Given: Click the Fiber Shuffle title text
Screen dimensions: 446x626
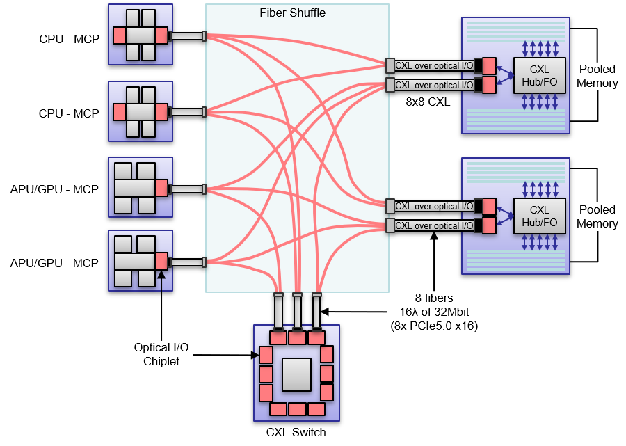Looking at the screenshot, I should coord(292,13).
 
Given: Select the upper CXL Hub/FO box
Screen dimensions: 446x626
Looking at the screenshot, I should coord(539,75).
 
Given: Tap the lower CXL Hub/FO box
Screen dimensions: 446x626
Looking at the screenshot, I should coord(539,216).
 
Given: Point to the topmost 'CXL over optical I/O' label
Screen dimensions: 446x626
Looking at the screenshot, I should coord(434,66).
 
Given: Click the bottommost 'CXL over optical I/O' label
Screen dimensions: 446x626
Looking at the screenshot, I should coord(434,225).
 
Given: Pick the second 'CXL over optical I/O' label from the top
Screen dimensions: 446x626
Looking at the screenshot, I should coord(434,86).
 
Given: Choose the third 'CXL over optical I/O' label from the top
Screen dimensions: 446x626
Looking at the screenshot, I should coord(434,207).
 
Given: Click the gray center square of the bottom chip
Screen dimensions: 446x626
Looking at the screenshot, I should coord(296,374).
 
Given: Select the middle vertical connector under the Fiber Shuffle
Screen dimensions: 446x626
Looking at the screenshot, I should coord(297,311).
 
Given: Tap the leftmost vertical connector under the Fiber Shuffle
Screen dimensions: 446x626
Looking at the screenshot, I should coord(278,311).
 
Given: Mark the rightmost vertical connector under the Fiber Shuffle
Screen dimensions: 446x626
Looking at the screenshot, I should coord(316,311).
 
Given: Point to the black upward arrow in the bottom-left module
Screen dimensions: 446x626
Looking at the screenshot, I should coord(161,278).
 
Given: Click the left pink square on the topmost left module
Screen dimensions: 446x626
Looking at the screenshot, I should coord(120,35).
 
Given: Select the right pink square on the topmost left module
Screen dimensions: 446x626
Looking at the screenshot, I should coord(161,35).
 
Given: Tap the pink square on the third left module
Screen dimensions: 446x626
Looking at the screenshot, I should coord(161,188).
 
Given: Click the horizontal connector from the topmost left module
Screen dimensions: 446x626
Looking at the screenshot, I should coord(186,36).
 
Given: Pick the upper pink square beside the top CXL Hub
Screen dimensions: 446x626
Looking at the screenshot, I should coord(489,66).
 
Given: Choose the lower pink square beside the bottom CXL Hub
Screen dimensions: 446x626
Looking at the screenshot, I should coord(489,225).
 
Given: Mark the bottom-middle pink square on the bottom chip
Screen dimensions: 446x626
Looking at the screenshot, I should coord(297,409).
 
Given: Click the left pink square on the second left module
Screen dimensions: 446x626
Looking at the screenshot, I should coord(120,112).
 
